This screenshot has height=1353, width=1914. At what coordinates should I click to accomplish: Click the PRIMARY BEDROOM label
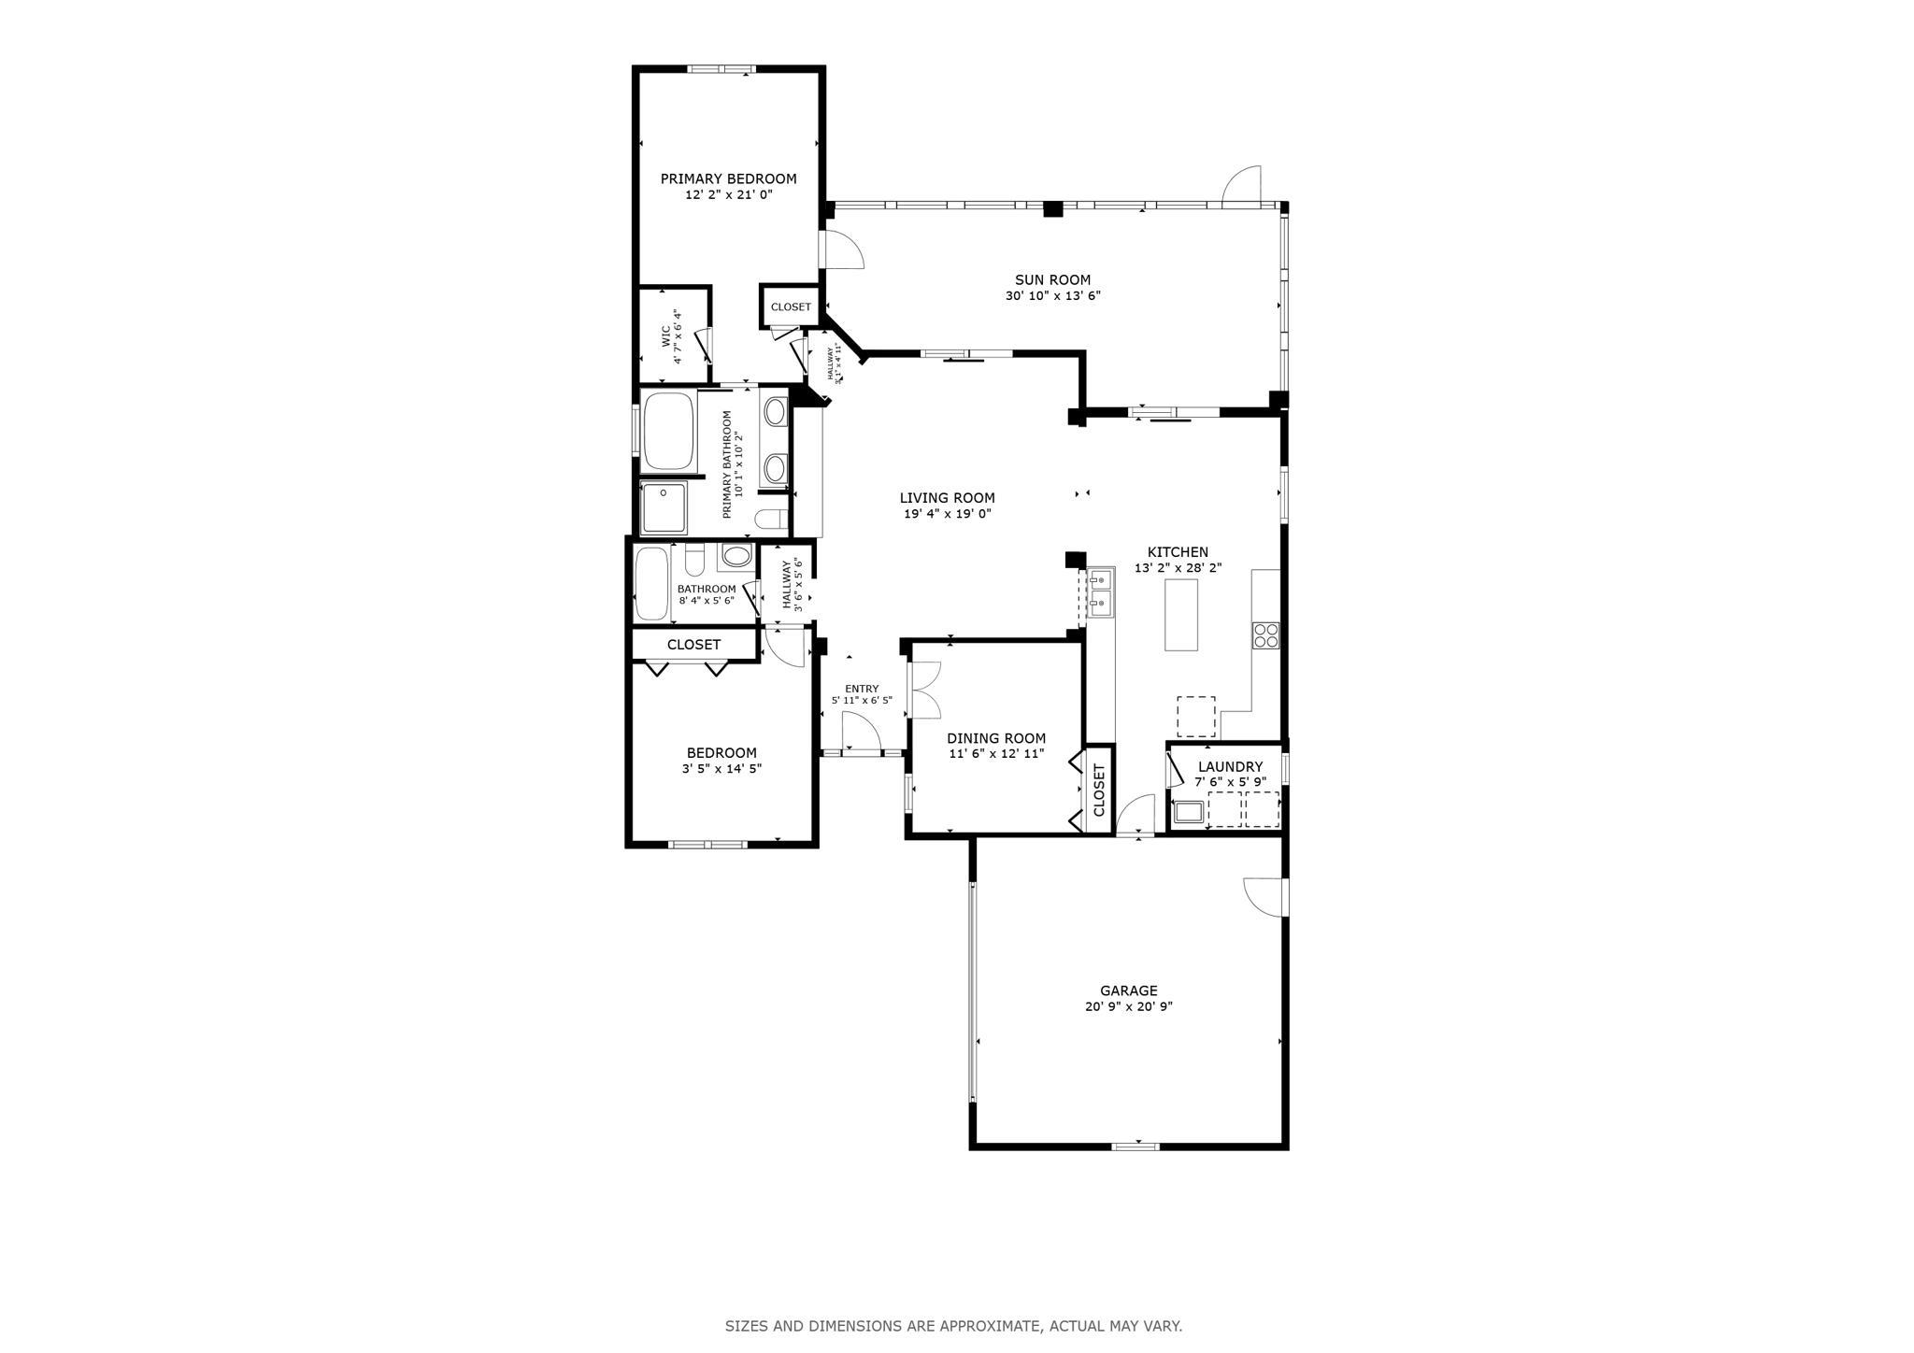[728, 178]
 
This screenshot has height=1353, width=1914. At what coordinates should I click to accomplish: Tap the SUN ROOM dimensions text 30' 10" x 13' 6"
[1052, 296]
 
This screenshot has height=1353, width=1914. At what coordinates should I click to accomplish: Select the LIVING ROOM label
[947, 498]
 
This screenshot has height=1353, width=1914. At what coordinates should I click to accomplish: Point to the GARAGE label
[1128, 990]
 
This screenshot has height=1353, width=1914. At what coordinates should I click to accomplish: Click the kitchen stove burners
[1265, 635]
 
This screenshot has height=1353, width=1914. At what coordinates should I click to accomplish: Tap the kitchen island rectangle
[1181, 615]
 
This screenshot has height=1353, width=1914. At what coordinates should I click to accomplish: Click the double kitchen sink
[1099, 592]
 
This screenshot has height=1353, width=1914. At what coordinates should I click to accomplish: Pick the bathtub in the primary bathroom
[669, 432]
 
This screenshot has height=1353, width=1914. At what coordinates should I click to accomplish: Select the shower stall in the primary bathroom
[664, 507]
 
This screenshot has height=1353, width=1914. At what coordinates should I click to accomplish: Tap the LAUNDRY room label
[1230, 766]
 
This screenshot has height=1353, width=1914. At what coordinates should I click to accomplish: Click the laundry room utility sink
[1188, 811]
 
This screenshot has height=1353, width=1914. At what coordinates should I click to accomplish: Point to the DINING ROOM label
[996, 738]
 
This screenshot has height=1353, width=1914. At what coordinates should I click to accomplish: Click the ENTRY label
[862, 689]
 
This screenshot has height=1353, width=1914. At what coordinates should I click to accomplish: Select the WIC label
[666, 335]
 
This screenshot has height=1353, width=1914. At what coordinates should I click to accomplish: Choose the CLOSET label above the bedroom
[693, 645]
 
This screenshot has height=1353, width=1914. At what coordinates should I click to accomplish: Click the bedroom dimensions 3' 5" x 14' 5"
[721, 769]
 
